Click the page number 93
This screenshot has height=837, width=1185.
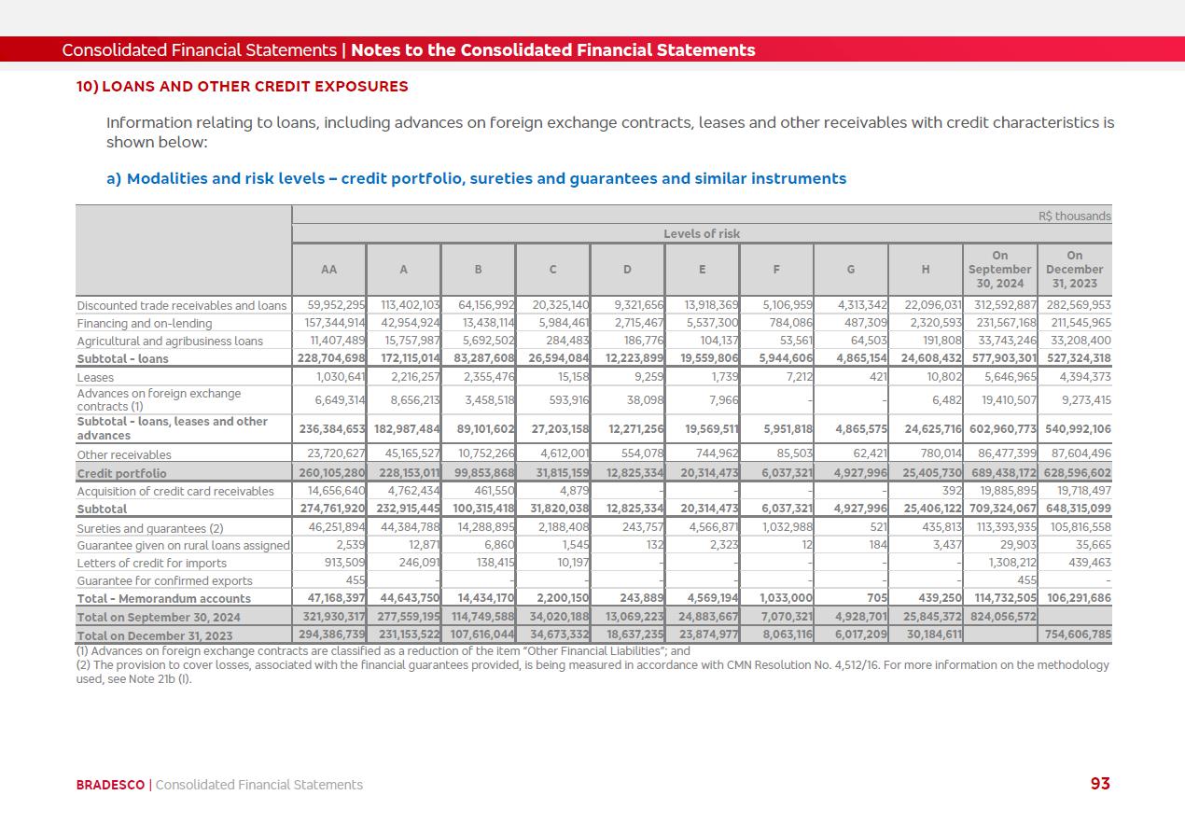(x=1100, y=784)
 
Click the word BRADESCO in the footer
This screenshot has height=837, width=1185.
(x=111, y=785)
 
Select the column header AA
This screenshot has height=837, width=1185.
(x=328, y=270)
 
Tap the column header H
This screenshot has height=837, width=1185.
(x=926, y=270)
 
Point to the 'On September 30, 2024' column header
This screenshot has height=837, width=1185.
(x=999, y=269)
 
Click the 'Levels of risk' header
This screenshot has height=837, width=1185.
(x=702, y=233)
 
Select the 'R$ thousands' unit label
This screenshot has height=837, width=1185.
(x=1074, y=216)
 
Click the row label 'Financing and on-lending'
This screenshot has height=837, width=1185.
(x=145, y=323)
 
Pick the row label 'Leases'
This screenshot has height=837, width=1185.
(x=95, y=377)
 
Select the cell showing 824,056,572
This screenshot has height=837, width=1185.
(x=999, y=617)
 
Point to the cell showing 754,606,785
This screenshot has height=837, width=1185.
(x=1074, y=635)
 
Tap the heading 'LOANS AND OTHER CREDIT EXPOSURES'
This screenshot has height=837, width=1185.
(x=254, y=87)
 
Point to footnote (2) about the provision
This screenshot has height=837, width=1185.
(x=592, y=672)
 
